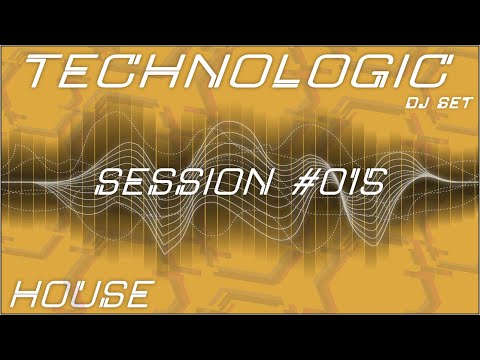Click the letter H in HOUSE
point(28,295)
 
